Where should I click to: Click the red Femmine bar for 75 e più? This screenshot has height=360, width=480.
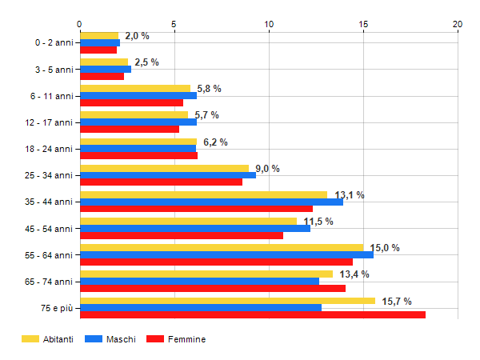[252, 315]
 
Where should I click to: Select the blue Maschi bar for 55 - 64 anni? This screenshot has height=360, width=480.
[226, 254]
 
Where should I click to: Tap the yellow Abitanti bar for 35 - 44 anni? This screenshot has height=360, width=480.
[203, 194]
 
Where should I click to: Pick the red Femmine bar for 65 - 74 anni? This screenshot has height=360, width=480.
[212, 288]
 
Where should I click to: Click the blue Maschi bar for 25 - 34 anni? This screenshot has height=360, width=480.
[167, 174]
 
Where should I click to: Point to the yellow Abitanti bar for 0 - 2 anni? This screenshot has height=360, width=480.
[98, 35]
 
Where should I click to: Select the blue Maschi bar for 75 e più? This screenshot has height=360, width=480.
[200, 307]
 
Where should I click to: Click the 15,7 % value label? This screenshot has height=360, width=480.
[397, 302]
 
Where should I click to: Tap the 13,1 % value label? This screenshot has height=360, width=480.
[350, 195]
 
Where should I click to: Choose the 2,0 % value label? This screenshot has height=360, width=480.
[137, 36]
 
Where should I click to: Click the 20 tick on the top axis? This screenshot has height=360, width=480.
[458, 24]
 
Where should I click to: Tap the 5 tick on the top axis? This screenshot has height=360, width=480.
[174, 24]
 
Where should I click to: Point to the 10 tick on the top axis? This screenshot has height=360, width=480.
[269, 24]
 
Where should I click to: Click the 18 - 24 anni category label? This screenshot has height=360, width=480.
[48, 149]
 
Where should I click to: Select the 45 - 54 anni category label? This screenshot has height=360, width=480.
[48, 229]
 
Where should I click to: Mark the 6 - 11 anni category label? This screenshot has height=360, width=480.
[50, 96]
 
